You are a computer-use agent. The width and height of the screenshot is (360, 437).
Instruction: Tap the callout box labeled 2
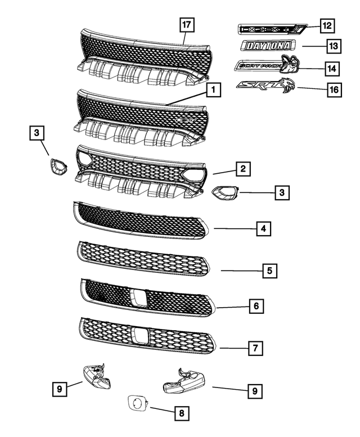coord(242,168)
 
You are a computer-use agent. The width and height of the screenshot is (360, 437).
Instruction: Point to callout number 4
coord(262,229)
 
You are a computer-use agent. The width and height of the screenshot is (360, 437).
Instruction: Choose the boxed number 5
coord(269,271)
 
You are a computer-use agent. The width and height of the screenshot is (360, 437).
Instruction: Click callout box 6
coord(255,307)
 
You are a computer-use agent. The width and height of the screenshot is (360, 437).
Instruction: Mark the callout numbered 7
coord(255,348)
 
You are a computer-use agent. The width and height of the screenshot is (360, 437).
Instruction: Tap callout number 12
coord(326,25)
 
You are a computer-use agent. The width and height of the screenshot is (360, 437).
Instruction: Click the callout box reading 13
coord(333,46)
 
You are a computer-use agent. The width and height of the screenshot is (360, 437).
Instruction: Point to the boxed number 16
coord(334,89)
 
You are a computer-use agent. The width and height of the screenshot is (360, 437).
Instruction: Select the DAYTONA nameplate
coord(267,46)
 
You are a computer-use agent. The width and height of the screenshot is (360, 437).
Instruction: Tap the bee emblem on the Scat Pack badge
coord(290,65)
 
